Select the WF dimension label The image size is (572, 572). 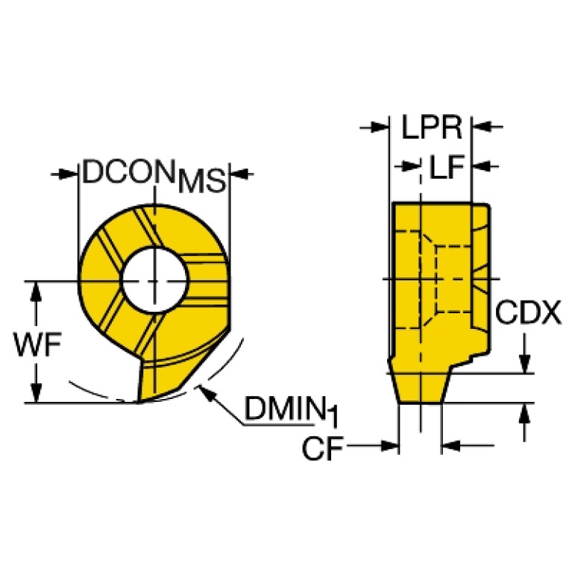tap(37, 344)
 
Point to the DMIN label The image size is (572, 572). tap(285, 409)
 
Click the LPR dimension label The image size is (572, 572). tap(432, 127)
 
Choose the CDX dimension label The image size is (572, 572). tap(528, 312)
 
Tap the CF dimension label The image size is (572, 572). tap(323, 448)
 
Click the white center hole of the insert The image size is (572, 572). tap(155, 280)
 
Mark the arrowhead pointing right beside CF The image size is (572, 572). tap(389, 445)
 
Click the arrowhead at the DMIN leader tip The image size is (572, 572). tap(205, 392)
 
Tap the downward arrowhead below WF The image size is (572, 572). tap(36, 393)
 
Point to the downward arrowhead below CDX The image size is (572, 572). tap(524, 364)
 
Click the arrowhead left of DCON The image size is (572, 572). tap(69, 174)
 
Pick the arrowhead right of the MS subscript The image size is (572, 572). tap(239, 174)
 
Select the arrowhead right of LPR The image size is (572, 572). tap(483, 127)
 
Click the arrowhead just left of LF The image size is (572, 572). tap(410, 167)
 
